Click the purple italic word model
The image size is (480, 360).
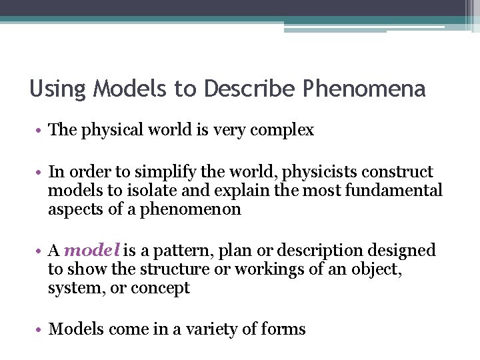93,251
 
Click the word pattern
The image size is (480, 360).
173,251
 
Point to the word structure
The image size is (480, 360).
139,269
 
